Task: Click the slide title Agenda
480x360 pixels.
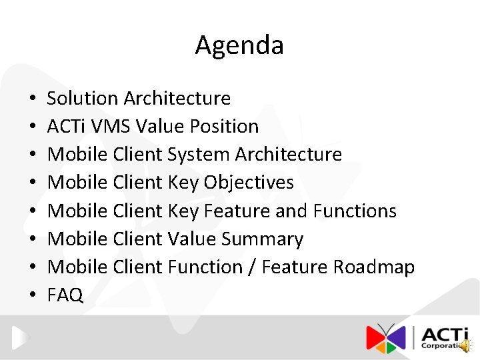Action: (x=239, y=45)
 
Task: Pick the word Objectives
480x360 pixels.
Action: (x=249, y=183)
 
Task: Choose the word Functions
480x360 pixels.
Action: (x=355, y=211)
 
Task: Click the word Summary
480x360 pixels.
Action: (x=262, y=239)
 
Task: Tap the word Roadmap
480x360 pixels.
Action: (x=374, y=267)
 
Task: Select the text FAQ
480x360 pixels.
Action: (x=65, y=295)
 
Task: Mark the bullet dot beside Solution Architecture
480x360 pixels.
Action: (x=32, y=99)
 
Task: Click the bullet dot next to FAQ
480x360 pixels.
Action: (x=32, y=296)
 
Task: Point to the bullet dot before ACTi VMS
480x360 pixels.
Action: (x=32, y=127)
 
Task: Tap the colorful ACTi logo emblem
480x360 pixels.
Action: (x=386, y=337)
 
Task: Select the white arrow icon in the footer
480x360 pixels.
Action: (x=21, y=337)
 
